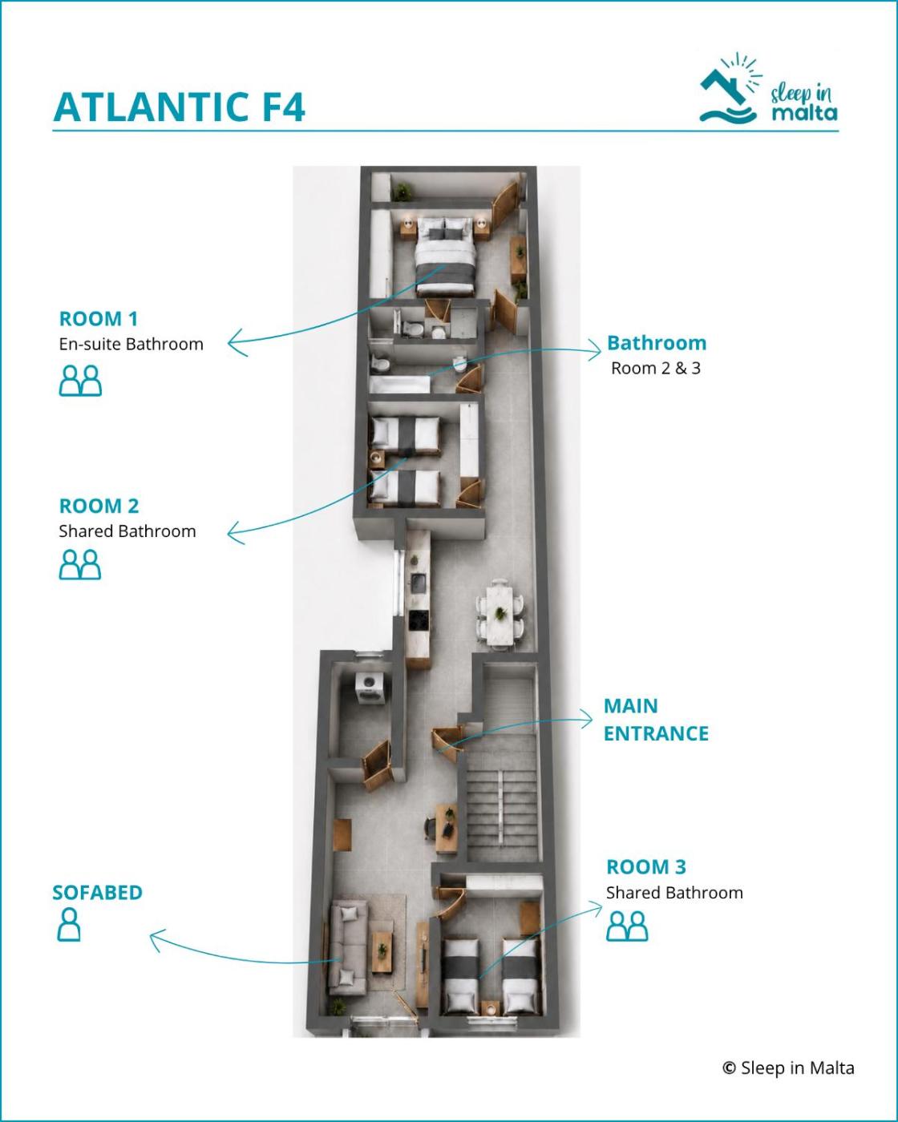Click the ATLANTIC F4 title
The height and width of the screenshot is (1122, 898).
pyautogui.click(x=179, y=107)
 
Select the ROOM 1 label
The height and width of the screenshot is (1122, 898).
pyautogui.click(x=99, y=318)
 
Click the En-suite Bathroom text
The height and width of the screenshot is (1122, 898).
pyautogui.click(x=131, y=344)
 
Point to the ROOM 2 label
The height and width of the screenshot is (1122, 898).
pyautogui.click(x=99, y=506)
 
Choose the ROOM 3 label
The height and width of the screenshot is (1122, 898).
pyautogui.click(x=646, y=866)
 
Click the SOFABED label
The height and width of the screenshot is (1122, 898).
pyautogui.click(x=98, y=892)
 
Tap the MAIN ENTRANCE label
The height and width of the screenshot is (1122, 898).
pyautogui.click(x=656, y=720)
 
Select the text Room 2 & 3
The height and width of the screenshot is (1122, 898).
pyautogui.click(x=655, y=368)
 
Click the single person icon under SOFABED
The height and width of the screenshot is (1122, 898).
pyautogui.click(x=69, y=924)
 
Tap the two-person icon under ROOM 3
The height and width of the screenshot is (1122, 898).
pyautogui.click(x=627, y=926)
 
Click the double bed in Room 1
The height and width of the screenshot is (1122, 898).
pyautogui.click(x=445, y=256)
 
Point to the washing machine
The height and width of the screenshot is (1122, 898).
pyautogui.click(x=370, y=688)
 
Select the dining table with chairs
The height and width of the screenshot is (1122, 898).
pyautogui.click(x=500, y=612)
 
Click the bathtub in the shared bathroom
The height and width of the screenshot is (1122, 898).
pyautogui.click(x=400, y=384)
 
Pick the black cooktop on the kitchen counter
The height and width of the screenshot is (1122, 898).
pyautogui.click(x=419, y=621)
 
